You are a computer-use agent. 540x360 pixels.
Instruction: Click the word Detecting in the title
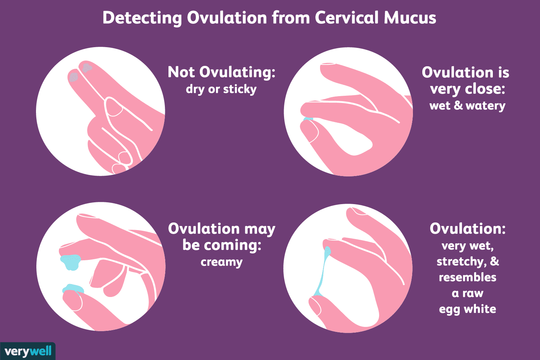pos(142,18)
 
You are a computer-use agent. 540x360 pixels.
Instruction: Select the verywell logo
pos(28,351)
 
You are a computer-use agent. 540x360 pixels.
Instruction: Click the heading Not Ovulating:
pos(221,72)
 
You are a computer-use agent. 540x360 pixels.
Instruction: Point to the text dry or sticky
pos(221,89)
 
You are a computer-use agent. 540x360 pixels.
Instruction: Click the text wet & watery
pos(467,105)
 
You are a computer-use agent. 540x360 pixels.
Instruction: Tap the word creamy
pos(221,262)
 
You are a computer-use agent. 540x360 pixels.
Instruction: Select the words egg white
pos(467,309)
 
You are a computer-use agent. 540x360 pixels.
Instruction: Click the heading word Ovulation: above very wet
pos(467,229)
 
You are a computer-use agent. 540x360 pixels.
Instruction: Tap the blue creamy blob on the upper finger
pos(70,261)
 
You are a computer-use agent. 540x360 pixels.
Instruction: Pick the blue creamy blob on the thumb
pos(73,288)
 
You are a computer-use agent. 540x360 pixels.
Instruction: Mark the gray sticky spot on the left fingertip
pos(73,77)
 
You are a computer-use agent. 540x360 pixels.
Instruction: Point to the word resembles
pos(467,277)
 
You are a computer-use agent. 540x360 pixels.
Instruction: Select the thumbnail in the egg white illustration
pos(315,305)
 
